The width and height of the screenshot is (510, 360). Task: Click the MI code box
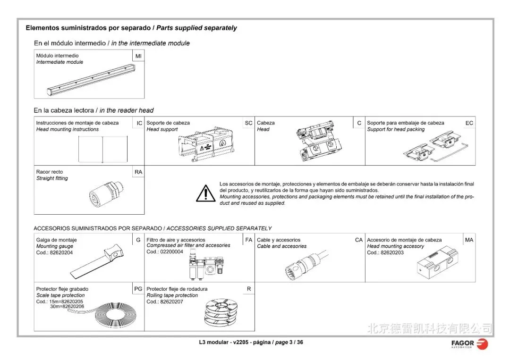pyautogui.click(x=138, y=56)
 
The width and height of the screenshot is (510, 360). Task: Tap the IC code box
pyautogui.click(x=139, y=123)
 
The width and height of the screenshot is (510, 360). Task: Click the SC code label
pyautogui.click(x=248, y=123)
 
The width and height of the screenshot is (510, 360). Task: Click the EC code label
pyautogui.click(x=469, y=123)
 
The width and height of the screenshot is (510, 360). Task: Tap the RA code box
pyautogui.click(x=138, y=172)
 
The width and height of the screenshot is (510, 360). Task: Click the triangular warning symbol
pyautogui.click(x=206, y=193)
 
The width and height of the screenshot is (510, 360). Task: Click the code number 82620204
pyautogui.click(x=61, y=253)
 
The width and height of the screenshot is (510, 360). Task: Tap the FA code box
pyautogui.click(x=249, y=240)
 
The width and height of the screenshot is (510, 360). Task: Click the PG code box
pyautogui.click(x=138, y=289)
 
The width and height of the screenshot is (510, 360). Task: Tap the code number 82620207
pyautogui.click(x=171, y=302)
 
